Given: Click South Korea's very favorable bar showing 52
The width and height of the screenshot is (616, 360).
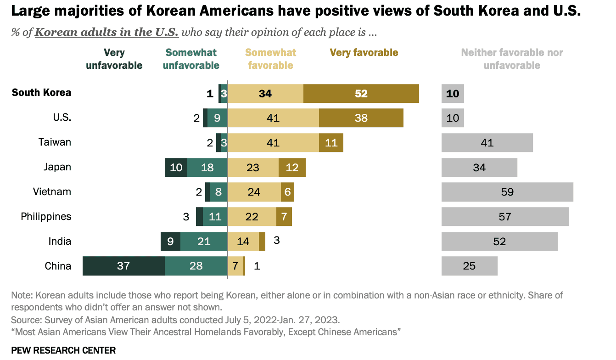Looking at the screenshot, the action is click(x=361, y=94).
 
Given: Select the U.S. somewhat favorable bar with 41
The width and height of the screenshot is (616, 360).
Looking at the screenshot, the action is click(x=274, y=118).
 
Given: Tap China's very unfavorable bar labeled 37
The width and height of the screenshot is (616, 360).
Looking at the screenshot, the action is click(x=124, y=266).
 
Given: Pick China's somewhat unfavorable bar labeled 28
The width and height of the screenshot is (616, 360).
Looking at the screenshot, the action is click(x=196, y=266).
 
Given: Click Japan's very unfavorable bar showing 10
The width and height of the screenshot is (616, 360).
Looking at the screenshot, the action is click(x=176, y=168).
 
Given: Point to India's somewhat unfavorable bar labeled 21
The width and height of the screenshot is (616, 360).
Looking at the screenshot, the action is click(x=204, y=242).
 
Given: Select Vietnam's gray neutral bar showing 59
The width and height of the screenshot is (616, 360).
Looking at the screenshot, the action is click(x=507, y=192).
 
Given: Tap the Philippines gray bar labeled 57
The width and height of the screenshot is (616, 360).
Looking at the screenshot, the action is click(x=505, y=217).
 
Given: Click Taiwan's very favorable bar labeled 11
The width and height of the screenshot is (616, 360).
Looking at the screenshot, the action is click(x=331, y=143).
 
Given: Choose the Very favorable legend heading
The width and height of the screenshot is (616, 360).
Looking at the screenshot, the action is click(x=364, y=52).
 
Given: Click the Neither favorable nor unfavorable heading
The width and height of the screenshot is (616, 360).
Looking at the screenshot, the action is click(x=512, y=59).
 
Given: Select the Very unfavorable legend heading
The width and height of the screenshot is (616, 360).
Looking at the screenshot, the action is click(x=114, y=59).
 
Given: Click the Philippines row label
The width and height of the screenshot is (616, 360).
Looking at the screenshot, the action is click(x=46, y=217).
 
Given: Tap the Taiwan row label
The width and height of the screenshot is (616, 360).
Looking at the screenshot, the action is click(x=55, y=142).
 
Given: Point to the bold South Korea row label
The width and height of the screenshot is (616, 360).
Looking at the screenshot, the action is click(x=41, y=93).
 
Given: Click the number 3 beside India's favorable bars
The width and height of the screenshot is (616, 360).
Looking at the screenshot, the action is click(x=277, y=240).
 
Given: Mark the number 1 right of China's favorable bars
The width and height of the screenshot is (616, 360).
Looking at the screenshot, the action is click(x=257, y=266).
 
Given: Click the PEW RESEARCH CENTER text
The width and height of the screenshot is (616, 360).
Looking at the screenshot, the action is click(x=63, y=350).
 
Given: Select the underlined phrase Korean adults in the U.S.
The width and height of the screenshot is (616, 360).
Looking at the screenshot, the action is click(x=106, y=32).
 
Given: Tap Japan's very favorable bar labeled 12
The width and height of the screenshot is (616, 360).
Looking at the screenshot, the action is click(x=292, y=168).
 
